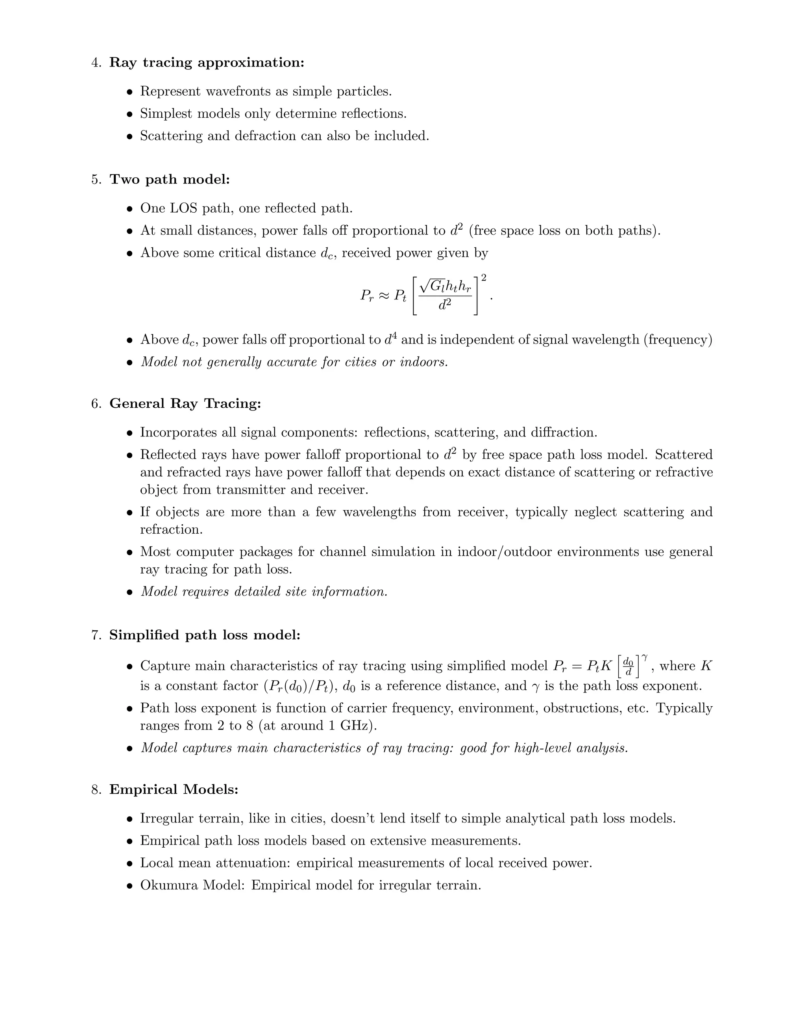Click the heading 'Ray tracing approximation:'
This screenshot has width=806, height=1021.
(207, 63)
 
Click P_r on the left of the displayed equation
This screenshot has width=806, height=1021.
(367, 296)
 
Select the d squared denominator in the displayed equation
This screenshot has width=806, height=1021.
(445, 305)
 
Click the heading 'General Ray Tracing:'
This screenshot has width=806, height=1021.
(185, 404)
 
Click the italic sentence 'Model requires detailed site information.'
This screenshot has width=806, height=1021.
(264, 592)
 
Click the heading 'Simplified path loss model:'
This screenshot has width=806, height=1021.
(205, 635)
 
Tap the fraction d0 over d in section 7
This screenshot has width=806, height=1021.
(628, 666)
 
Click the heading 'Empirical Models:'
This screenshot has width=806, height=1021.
(174, 790)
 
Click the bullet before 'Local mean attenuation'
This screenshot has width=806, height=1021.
(130, 864)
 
